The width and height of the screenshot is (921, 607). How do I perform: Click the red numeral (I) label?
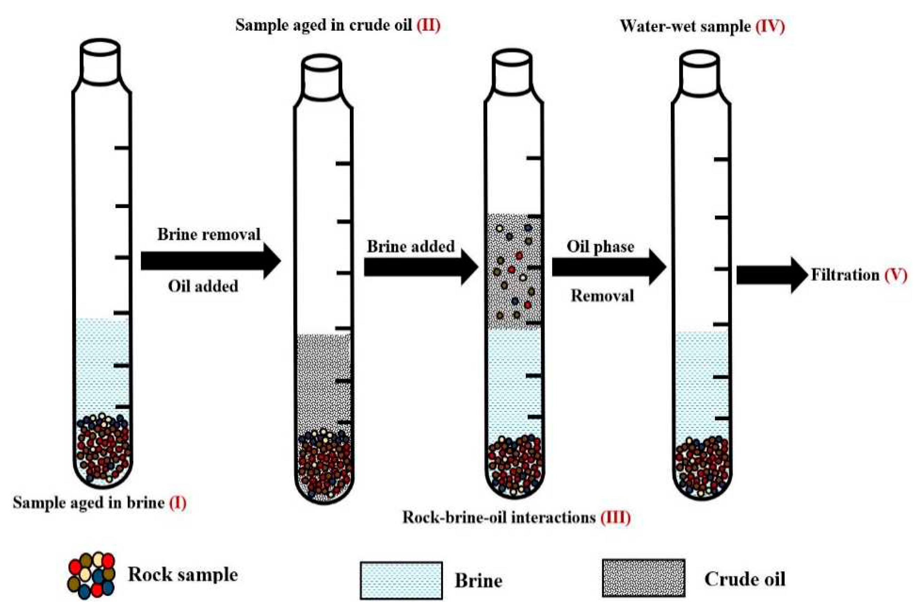(x=178, y=503)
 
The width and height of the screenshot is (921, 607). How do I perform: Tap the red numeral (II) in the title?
(x=428, y=25)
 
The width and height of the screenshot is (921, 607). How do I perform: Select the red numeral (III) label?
(x=615, y=517)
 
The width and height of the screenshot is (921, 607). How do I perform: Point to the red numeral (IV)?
(x=770, y=26)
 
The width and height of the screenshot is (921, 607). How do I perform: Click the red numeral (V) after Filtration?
(x=896, y=275)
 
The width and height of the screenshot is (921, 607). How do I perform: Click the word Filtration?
(x=845, y=275)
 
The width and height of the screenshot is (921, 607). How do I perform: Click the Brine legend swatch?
(x=401, y=580)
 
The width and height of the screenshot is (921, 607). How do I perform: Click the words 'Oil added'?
(x=203, y=287)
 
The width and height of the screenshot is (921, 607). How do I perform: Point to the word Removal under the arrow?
(x=603, y=296)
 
